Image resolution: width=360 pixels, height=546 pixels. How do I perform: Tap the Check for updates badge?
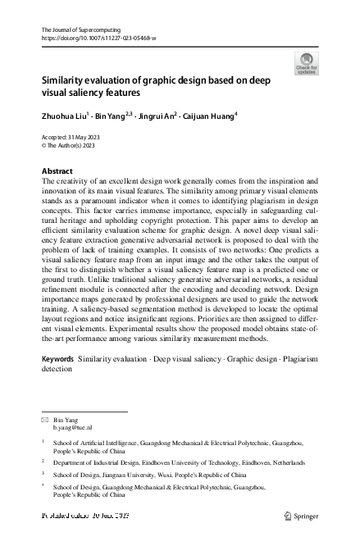(306, 64)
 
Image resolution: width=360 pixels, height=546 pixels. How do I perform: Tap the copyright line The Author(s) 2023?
(71, 145)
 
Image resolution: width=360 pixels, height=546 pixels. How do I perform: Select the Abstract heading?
(57, 171)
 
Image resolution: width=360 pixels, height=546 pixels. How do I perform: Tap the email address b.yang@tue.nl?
(73, 428)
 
